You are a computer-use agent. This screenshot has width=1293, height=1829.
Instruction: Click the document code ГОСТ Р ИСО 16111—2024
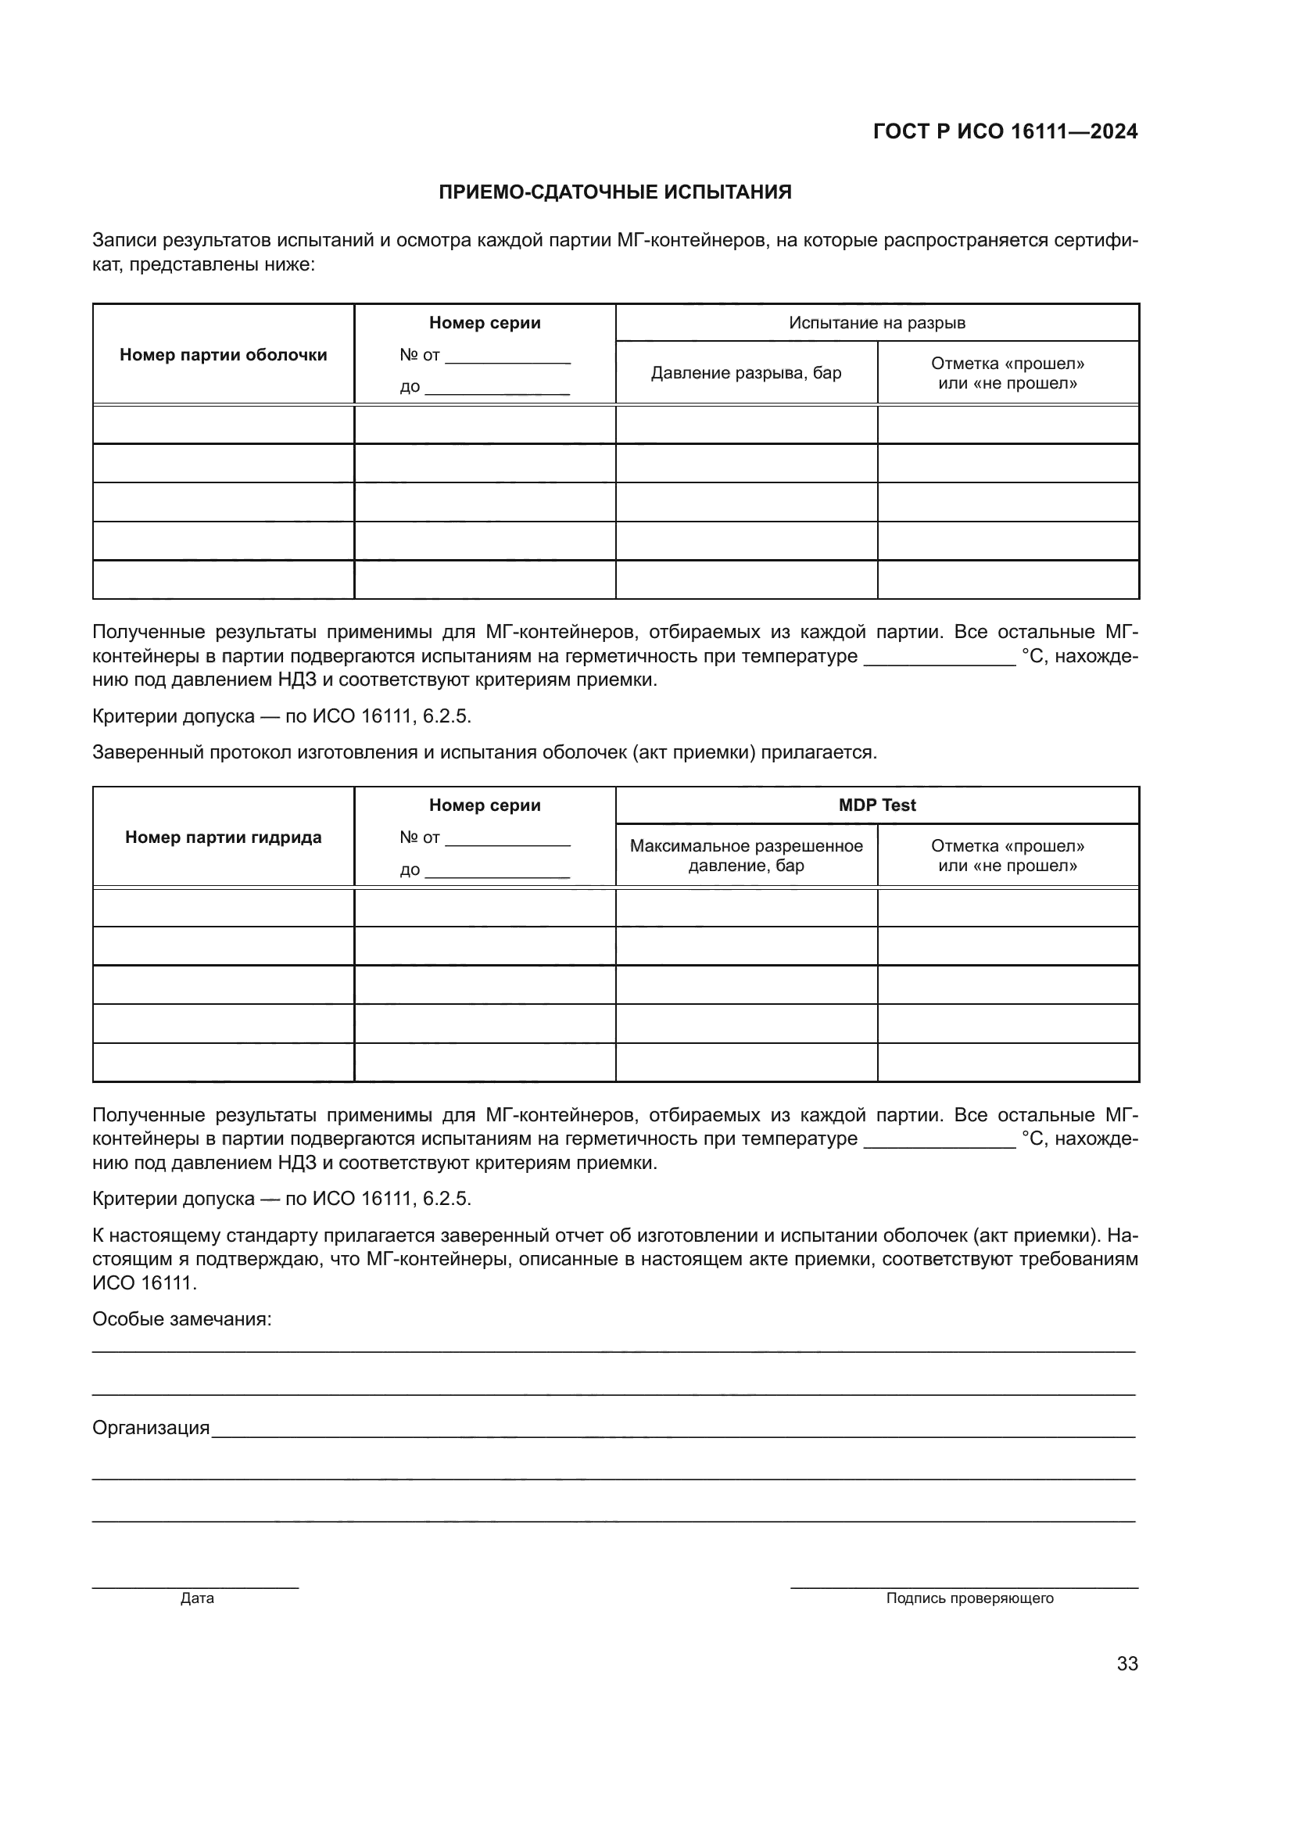click(1005, 131)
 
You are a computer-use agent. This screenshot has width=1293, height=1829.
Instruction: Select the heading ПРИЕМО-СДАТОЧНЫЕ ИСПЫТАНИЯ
click(614, 192)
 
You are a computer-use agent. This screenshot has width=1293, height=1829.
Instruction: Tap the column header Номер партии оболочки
click(223, 354)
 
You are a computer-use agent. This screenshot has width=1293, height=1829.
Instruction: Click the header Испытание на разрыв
click(876, 323)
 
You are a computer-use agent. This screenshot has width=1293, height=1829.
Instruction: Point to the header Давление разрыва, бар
click(746, 373)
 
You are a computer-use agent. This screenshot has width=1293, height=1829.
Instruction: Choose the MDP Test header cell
click(876, 805)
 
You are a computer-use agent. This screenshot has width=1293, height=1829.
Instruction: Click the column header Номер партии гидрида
click(223, 837)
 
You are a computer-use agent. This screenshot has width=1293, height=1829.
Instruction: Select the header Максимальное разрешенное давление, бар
click(746, 855)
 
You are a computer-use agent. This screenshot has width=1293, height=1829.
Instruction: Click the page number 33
click(1127, 1663)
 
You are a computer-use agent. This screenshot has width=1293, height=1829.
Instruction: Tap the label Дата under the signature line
click(197, 1598)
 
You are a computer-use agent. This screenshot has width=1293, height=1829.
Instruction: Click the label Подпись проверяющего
click(969, 1598)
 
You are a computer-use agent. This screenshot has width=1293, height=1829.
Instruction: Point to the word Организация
click(150, 1428)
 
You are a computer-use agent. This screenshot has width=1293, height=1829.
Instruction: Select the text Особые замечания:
click(181, 1318)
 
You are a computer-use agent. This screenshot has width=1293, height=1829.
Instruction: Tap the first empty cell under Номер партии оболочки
click(223, 425)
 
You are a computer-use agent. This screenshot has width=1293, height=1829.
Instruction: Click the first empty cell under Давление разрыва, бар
click(746, 425)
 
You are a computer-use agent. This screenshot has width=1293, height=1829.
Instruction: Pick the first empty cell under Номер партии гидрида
click(223, 907)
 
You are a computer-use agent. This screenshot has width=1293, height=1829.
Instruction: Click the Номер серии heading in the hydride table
click(484, 805)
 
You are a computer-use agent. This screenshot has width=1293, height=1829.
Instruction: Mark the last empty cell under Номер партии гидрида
click(223, 1063)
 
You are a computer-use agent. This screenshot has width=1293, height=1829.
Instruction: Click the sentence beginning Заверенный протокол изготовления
click(484, 752)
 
